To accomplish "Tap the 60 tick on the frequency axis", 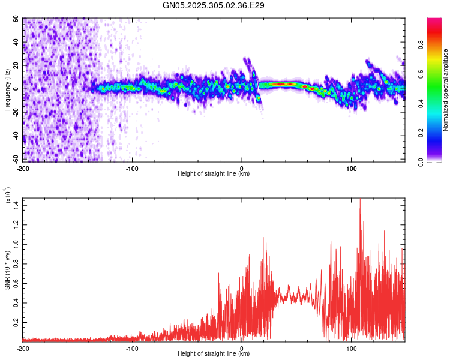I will tap(17, 19).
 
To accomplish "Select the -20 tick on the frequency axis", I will tap(16, 113).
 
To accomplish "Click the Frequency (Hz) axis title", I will tap(7, 90).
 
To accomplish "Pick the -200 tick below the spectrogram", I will tap(23, 167).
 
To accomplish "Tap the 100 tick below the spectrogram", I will tap(350, 167).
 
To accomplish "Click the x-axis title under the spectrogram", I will tap(214, 174).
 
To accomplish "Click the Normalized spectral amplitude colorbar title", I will tap(446, 90).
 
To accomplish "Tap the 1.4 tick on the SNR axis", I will tap(16, 206).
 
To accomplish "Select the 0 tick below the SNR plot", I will tap(242, 347).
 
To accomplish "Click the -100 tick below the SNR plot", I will tap(132, 347).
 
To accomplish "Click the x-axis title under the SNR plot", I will tap(214, 354).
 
